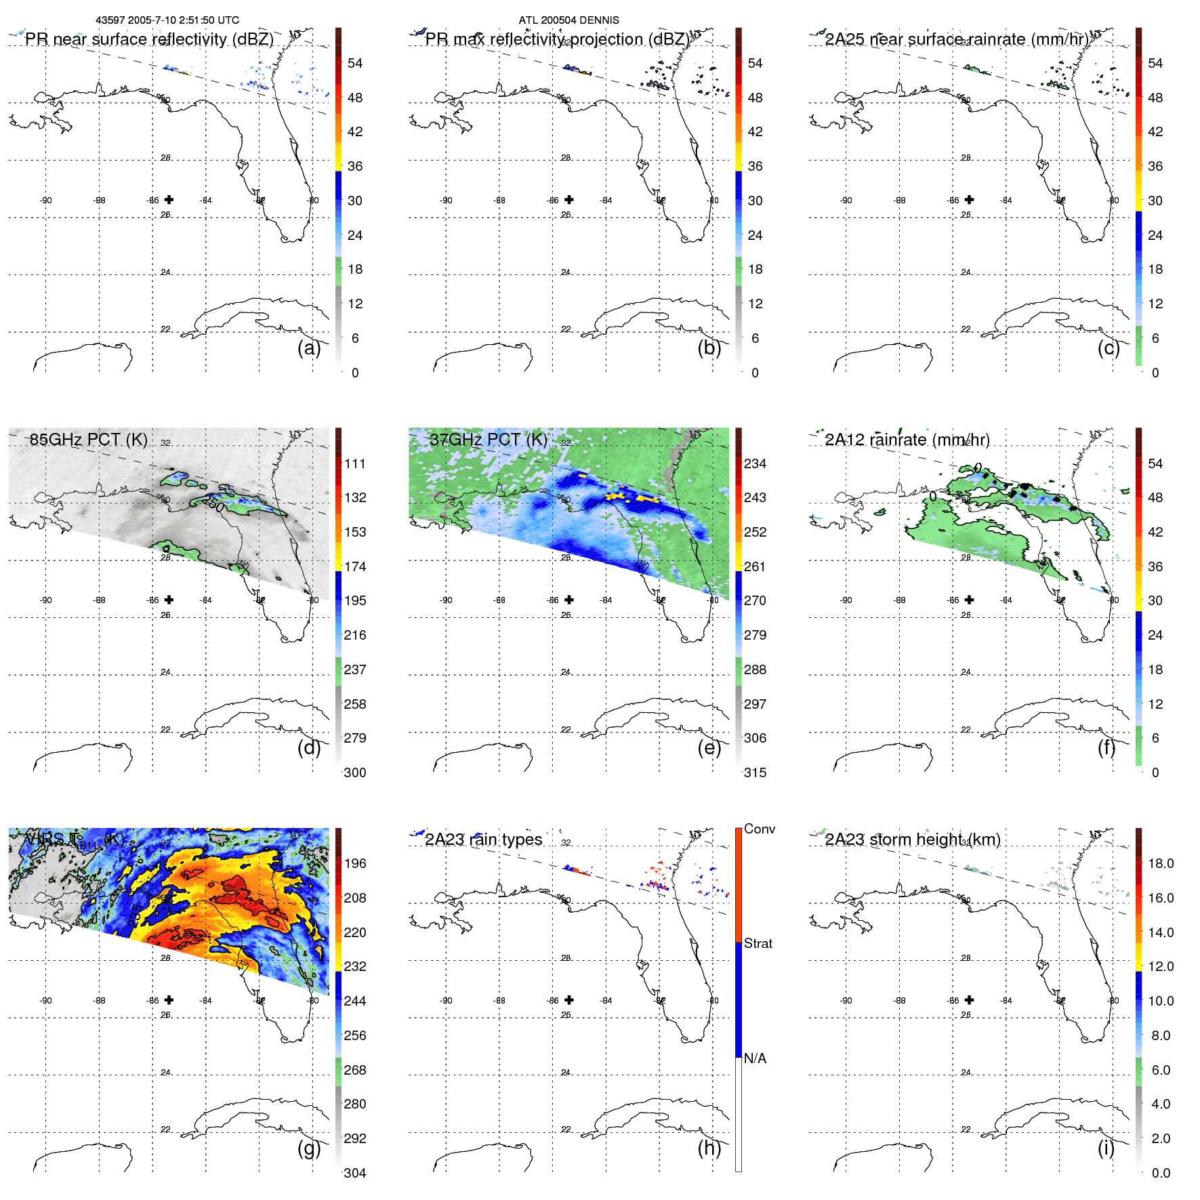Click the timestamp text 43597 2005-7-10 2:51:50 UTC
coord(167,20)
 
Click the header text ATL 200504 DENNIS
coord(568,20)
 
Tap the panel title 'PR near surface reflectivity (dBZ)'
coord(149,39)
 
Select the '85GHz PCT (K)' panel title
coord(88,440)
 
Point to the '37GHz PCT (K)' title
coord(488,440)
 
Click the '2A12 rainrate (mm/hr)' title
coord(907,440)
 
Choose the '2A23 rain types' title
coord(483,840)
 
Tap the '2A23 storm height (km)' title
coord(912,840)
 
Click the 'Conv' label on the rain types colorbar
coord(759,829)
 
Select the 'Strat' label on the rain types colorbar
coord(758,943)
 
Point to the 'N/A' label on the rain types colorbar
coord(755,1058)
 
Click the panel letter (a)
coord(308,348)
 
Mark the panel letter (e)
coord(709,747)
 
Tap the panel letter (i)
coord(1106,1148)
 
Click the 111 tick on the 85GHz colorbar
coord(355,463)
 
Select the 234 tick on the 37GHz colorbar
coord(755,463)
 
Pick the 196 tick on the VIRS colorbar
coord(355,863)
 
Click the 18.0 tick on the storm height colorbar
coord(1160,863)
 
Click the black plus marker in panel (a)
coord(169,199)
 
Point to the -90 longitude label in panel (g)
coord(45,1001)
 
